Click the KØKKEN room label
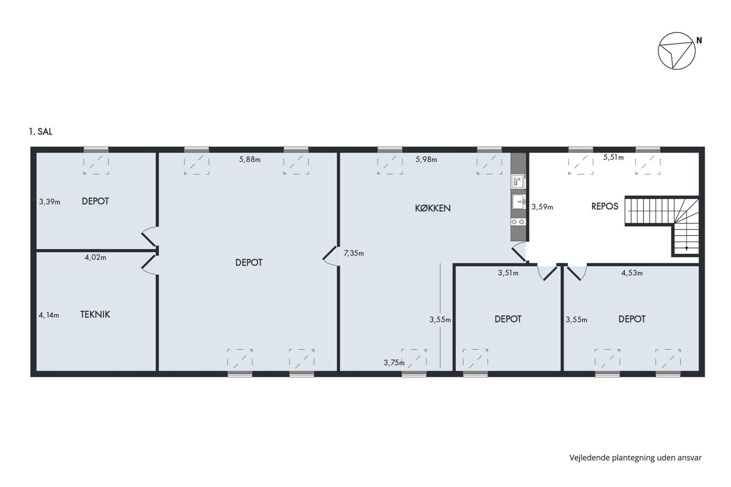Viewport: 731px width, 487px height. point(433,208)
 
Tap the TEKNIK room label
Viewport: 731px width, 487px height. point(95,314)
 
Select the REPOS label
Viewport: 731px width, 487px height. point(605,206)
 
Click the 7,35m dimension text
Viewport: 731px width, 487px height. point(354,253)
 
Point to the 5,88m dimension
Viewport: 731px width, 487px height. point(250,160)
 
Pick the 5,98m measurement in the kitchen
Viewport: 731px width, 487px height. point(426,160)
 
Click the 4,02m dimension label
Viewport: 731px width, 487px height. point(95,257)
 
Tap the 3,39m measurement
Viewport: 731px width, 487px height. point(50,201)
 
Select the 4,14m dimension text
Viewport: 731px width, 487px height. point(49,315)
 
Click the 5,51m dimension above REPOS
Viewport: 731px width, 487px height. point(614,157)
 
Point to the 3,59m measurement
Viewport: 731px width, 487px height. point(543,207)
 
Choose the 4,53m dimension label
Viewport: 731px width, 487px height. point(632,273)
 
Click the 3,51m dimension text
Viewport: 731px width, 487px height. point(508,273)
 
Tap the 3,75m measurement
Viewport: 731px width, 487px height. point(394,363)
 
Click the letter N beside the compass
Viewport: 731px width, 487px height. point(699,40)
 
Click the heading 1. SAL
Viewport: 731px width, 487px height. point(41,132)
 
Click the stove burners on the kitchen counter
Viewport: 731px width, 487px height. point(518,222)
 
